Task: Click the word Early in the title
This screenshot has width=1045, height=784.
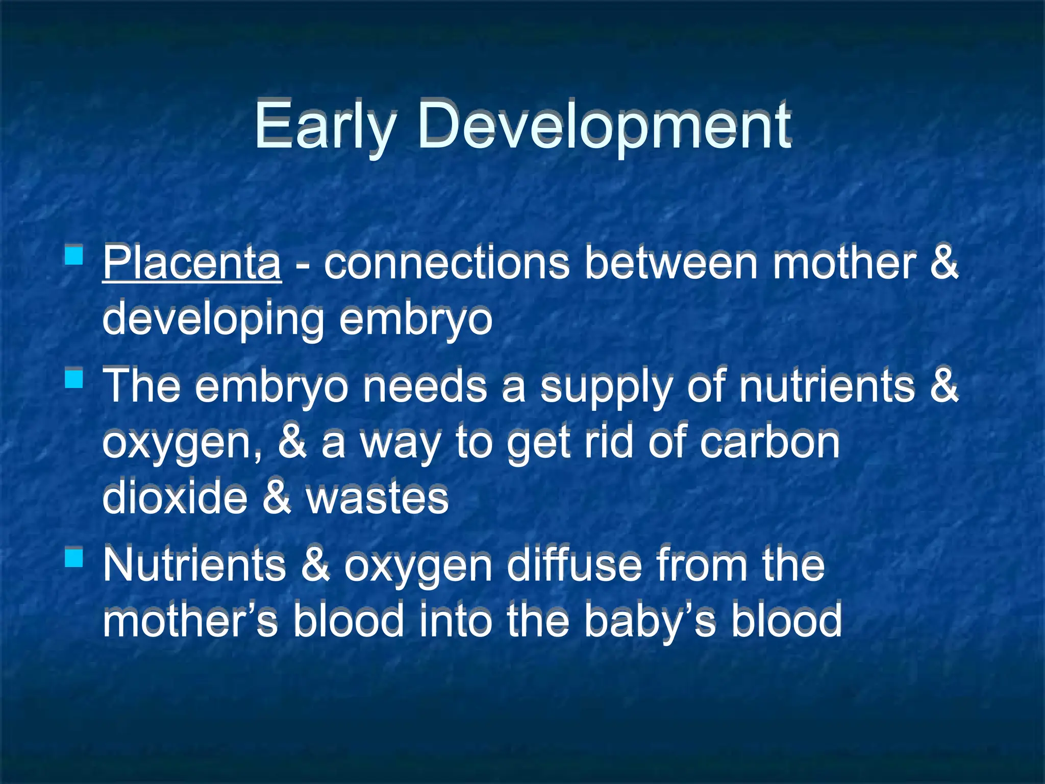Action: click(x=325, y=126)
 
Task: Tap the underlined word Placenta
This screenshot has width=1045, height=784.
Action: click(x=191, y=263)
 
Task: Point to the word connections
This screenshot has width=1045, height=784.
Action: click(x=446, y=263)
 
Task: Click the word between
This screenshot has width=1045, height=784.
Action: click(x=670, y=263)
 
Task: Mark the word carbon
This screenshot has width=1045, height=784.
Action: click(x=769, y=442)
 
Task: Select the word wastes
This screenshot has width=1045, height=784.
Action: click(x=377, y=498)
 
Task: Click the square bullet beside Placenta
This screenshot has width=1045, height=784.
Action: click(x=74, y=254)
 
